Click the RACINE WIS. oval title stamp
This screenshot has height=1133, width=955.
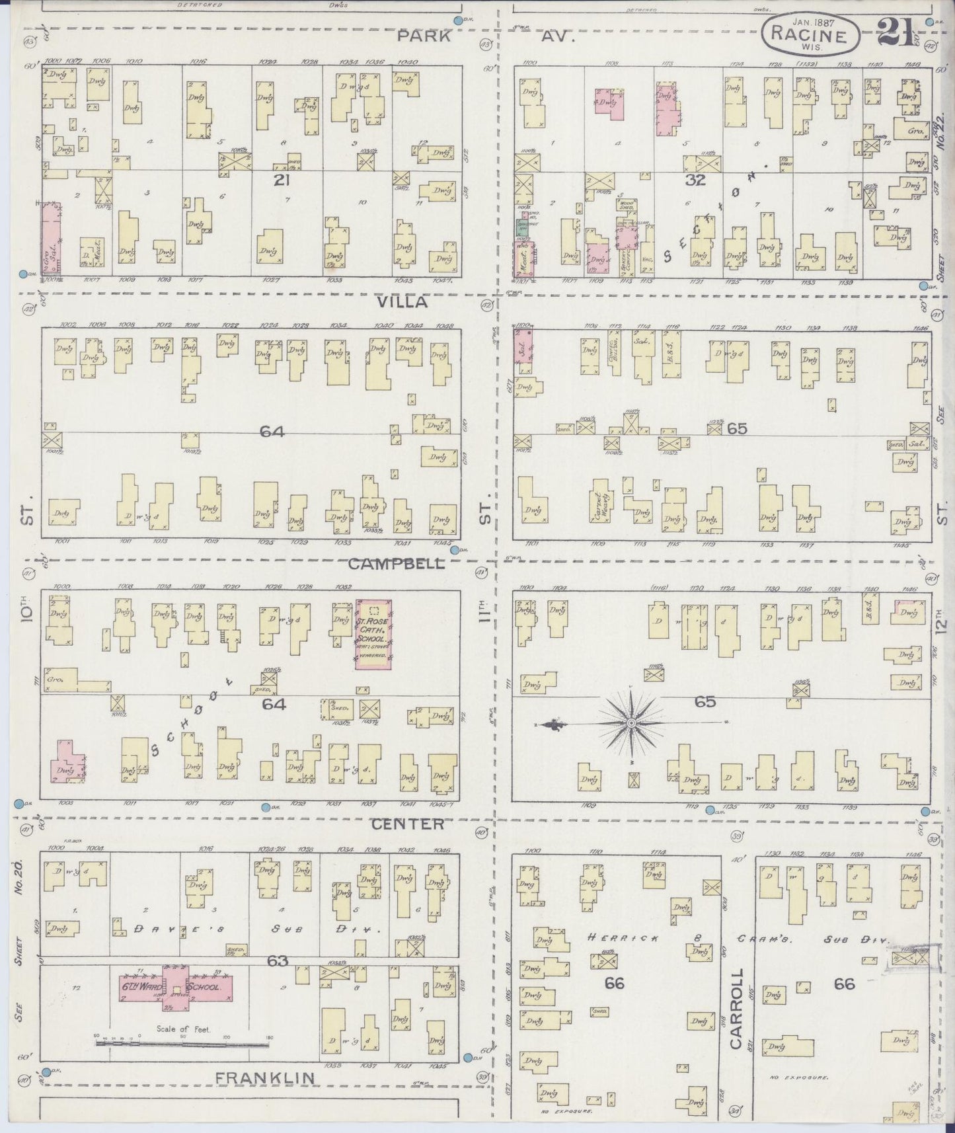814,34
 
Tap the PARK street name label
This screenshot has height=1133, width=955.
424,36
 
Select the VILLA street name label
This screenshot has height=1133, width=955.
402,302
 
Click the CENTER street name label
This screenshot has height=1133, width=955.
407,824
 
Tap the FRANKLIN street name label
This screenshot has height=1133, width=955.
265,1077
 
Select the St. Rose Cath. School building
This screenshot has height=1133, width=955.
373,633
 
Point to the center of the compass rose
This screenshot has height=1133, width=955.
631,724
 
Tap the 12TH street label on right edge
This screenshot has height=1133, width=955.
941,623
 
